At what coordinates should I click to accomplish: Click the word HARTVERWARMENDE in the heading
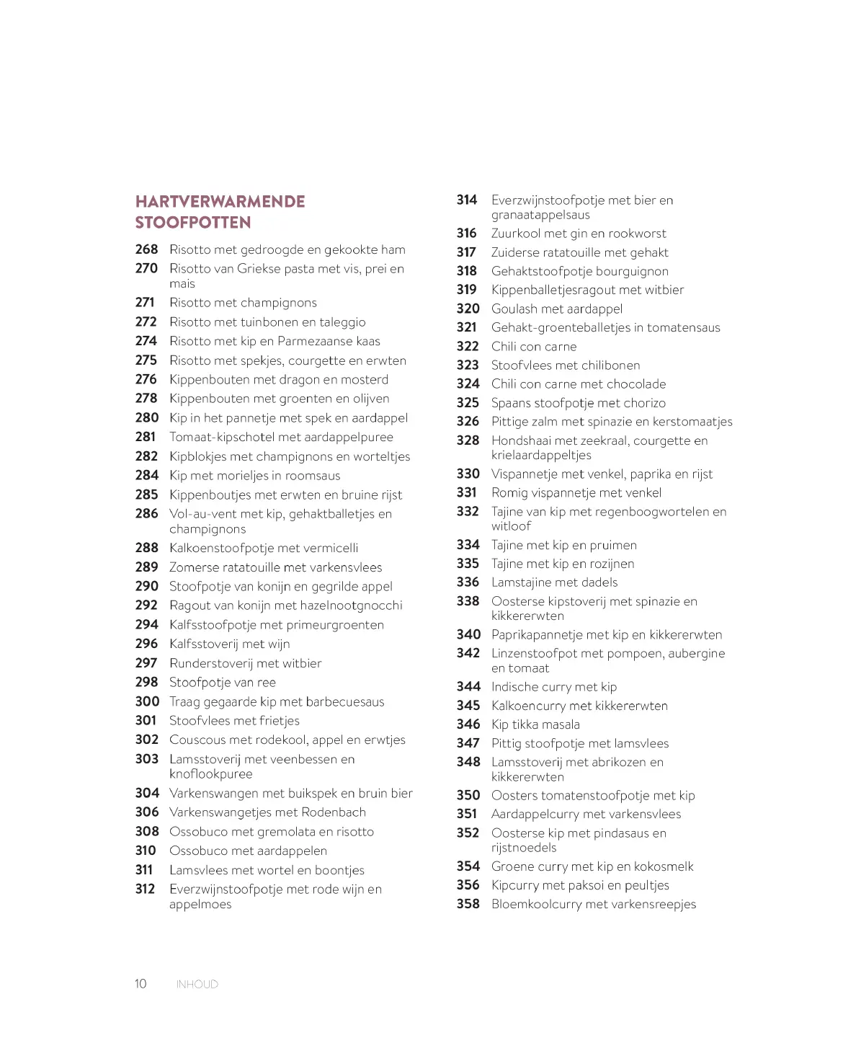pos(220,201)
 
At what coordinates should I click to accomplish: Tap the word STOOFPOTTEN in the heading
pos(193,222)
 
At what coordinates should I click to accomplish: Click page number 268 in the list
pos(146,249)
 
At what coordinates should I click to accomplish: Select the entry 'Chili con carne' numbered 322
pos(533,346)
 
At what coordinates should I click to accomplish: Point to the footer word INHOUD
pos(197,984)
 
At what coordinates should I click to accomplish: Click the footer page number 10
pos(140,984)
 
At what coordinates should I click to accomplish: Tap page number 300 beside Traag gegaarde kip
pos(147,701)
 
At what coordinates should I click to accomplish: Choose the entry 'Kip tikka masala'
pos(535,724)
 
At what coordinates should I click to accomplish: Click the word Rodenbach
pos(334,812)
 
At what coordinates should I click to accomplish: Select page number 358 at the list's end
pos(468,904)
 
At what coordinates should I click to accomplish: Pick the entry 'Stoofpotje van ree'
pos(222,683)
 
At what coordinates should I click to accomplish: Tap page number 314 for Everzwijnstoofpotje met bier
pos(467,200)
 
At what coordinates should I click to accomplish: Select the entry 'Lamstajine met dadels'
pos(554,582)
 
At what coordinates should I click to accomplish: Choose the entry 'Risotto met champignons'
pos(243,303)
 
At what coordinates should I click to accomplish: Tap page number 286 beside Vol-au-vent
pos(146,513)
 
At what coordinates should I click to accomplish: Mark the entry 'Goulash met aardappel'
pos(556,309)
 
